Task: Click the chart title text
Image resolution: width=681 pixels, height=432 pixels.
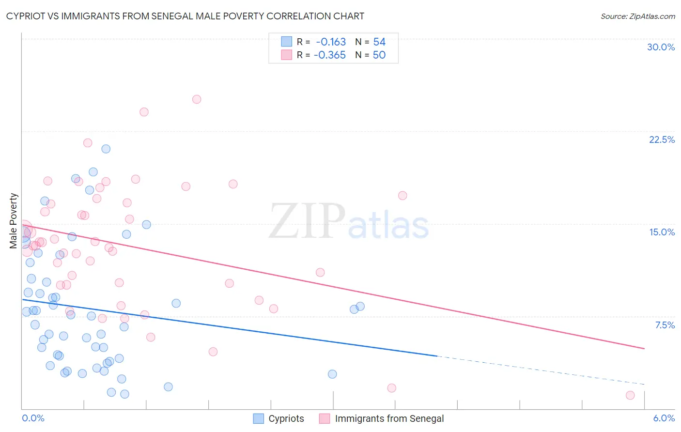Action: (185, 16)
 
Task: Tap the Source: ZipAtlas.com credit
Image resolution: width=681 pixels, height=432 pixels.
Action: (637, 16)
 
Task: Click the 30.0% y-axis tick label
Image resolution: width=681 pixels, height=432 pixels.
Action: (661, 47)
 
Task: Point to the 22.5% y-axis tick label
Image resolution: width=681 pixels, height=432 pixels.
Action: (662, 139)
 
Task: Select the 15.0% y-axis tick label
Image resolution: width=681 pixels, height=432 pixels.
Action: (662, 232)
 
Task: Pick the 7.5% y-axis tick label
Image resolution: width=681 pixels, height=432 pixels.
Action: (665, 325)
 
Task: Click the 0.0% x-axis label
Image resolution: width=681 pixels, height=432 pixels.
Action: (33, 418)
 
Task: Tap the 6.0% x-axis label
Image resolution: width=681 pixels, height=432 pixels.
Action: (664, 418)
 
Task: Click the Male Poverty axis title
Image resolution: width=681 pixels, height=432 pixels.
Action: (14, 221)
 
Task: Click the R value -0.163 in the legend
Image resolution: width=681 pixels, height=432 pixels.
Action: (331, 42)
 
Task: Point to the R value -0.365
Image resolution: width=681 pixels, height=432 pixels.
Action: (330, 55)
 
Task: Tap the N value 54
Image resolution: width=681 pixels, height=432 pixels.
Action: (379, 42)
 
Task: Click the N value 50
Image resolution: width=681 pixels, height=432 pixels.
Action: (379, 55)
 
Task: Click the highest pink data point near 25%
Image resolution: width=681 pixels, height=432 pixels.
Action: (197, 99)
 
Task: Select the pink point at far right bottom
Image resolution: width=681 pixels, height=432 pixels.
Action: (630, 395)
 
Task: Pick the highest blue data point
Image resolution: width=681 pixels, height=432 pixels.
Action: (106, 149)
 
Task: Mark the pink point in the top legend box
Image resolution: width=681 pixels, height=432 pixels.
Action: (287, 55)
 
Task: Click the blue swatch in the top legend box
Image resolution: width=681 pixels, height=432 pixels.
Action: (287, 42)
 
